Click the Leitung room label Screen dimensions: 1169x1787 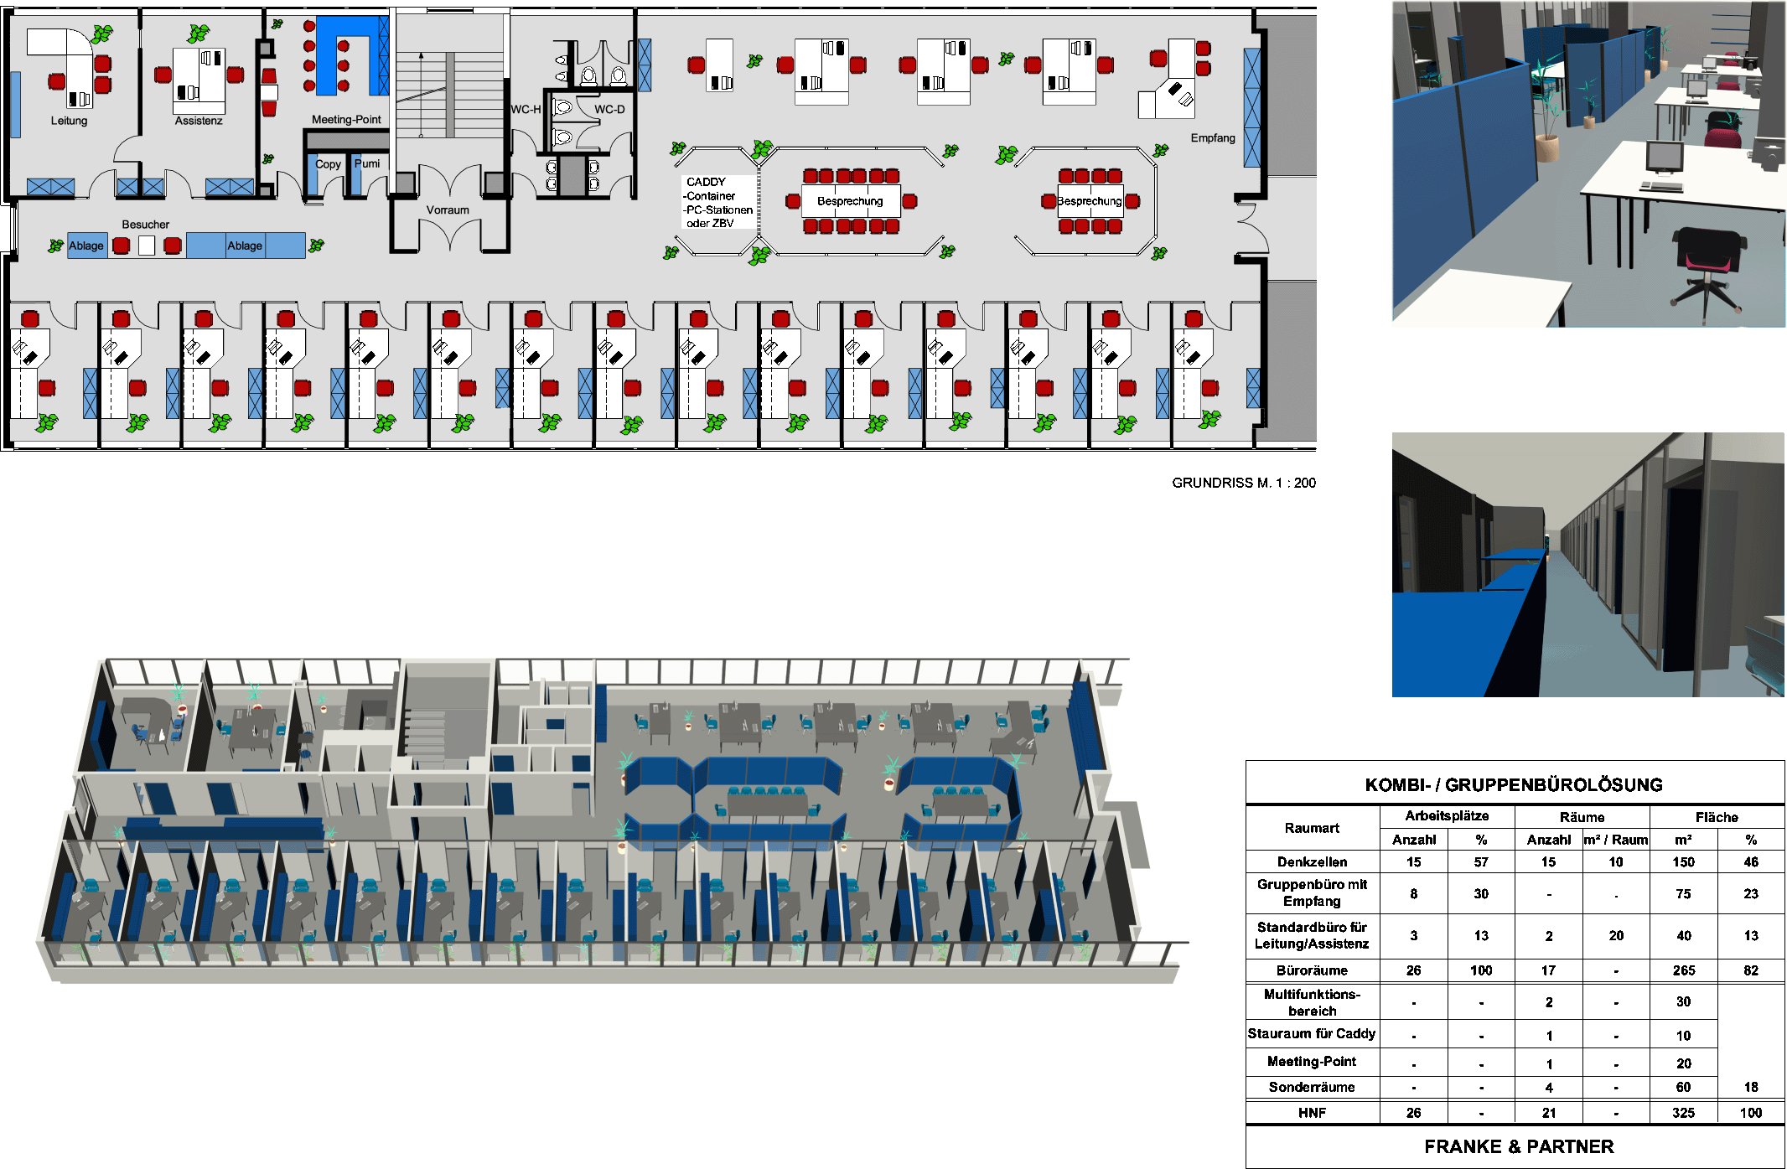[x=69, y=121]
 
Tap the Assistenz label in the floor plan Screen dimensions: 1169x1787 [x=199, y=121]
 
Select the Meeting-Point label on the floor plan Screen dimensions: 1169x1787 [x=346, y=120]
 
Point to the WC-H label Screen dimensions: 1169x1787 [x=526, y=110]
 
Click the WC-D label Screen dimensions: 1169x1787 [x=609, y=110]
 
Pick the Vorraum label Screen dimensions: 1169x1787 [x=448, y=210]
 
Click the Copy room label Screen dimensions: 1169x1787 [x=328, y=164]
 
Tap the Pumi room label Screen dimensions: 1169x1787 [x=367, y=163]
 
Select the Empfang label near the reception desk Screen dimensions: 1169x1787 [x=1213, y=138]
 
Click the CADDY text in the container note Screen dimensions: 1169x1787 [x=706, y=182]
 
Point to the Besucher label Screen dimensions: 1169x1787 [x=145, y=225]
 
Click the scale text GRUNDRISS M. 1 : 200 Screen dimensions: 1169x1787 [x=1243, y=483]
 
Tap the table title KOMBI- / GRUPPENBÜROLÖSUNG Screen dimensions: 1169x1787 [x=1514, y=785]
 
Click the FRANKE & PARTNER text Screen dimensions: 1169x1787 [x=1519, y=1146]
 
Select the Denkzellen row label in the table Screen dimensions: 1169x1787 [x=1312, y=862]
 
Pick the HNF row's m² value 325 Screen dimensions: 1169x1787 [x=1683, y=1113]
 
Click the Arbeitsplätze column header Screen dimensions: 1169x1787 [x=1447, y=816]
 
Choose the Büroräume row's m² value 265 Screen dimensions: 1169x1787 [x=1683, y=970]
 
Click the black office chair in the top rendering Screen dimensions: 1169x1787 [x=1707, y=261]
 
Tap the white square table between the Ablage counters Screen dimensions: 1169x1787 [x=147, y=246]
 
